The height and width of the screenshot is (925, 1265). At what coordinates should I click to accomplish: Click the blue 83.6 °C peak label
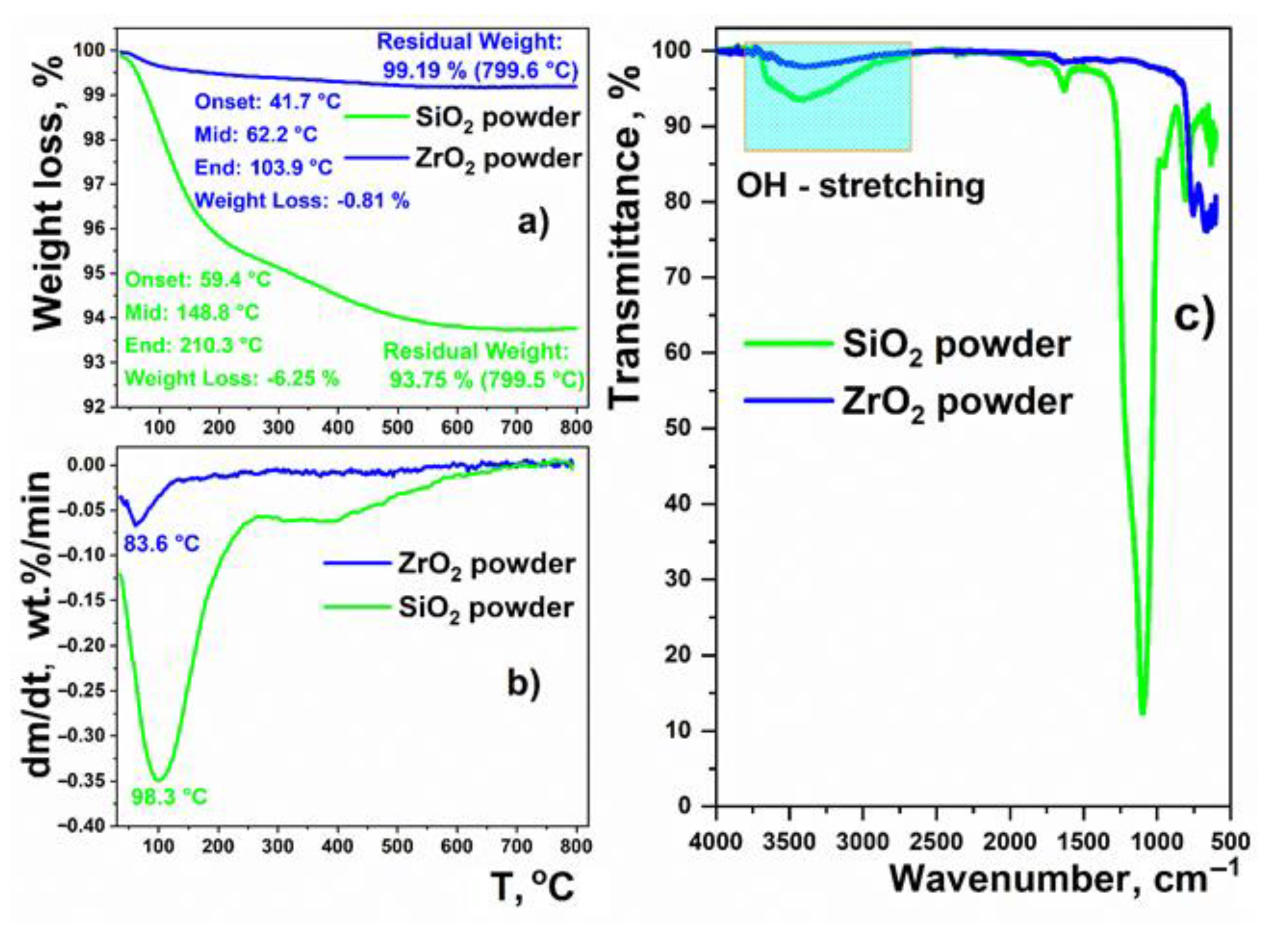click(x=161, y=543)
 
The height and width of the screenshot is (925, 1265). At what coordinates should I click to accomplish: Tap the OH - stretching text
click(x=860, y=186)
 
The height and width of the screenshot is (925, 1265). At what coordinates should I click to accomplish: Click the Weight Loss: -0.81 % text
click(x=302, y=200)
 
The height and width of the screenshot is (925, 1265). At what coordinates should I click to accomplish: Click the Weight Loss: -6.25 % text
click(x=232, y=378)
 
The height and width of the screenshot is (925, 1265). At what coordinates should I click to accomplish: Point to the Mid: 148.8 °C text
click(x=192, y=312)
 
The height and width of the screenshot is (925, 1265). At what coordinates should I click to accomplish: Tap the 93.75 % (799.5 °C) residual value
click(x=487, y=380)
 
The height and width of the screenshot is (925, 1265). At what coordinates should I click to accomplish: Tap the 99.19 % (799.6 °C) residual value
click(x=480, y=70)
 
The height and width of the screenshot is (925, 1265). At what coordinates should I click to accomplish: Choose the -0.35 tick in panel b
click(x=87, y=781)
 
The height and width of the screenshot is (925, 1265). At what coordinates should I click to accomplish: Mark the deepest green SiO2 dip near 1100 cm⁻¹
click(x=1143, y=712)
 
